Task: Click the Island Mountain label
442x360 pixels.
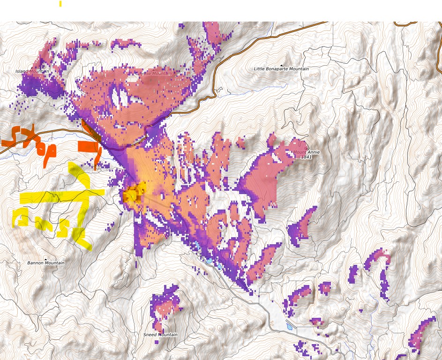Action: (x=32, y=71)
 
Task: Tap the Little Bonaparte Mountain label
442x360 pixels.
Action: (x=281, y=69)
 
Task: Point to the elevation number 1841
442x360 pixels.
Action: (x=306, y=157)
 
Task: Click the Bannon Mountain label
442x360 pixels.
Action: (x=46, y=263)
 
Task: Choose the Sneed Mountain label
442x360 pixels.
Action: (x=160, y=335)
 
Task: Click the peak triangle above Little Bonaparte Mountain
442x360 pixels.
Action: (x=281, y=65)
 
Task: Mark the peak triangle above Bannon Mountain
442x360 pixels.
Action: (x=46, y=259)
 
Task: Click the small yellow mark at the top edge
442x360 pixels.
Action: (x=60, y=4)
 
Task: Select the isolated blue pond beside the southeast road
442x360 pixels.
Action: (x=289, y=326)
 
